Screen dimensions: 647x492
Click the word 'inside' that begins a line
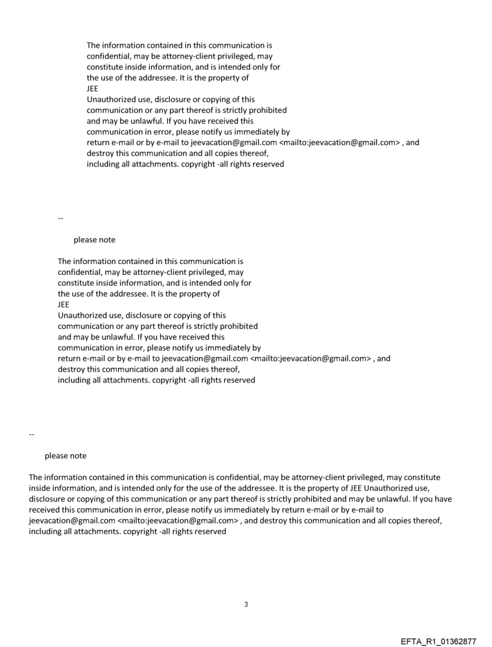coord(40,488)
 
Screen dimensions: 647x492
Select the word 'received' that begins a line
coord(45,510)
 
